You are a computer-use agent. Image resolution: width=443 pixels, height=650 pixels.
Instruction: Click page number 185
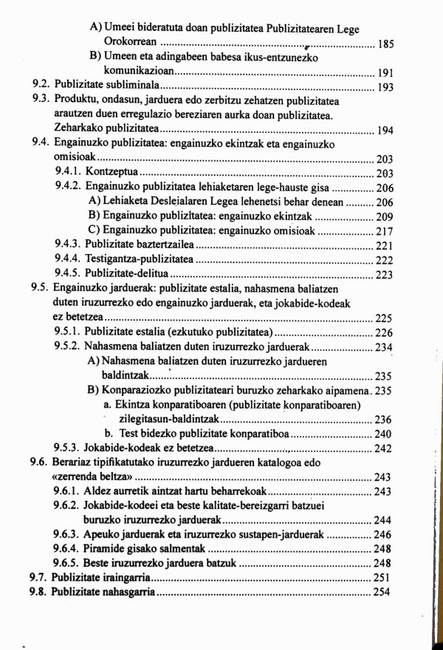[385, 44]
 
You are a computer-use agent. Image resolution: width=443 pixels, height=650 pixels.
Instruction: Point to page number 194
[385, 131]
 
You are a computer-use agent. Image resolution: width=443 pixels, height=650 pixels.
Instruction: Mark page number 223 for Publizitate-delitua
[385, 275]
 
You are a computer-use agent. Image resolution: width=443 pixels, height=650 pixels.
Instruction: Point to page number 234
[385, 347]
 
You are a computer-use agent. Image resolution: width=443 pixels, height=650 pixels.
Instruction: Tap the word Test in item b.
[131, 434]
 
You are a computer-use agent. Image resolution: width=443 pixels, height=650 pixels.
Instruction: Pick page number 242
[385, 448]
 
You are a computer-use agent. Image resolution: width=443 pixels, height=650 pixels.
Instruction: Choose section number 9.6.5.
[68, 563]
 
